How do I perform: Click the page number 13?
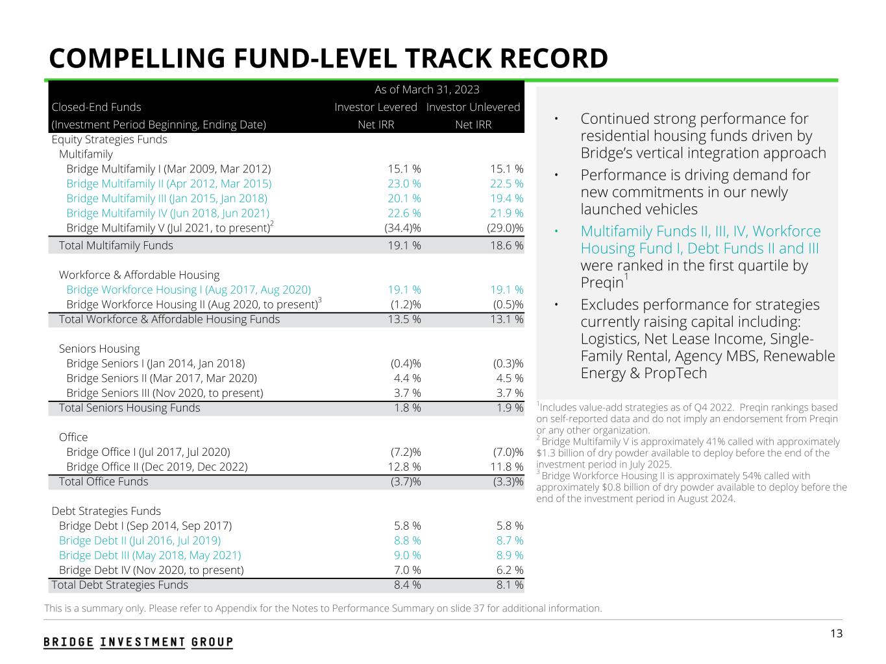click(x=836, y=634)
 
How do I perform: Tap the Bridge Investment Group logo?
click(x=138, y=642)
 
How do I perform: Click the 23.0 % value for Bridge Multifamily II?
click(x=404, y=184)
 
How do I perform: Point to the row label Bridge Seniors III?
click(x=165, y=393)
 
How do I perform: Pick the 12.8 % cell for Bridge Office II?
click(x=404, y=467)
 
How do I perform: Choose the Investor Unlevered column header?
click(x=473, y=107)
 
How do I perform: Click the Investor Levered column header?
click(x=376, y=107)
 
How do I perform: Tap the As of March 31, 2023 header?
click(x=426, y=89)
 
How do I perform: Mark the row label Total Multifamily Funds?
click(x=116, y=245)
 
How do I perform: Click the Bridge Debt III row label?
click(x=150, y=555)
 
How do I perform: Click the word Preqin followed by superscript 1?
click(x=602, y=283)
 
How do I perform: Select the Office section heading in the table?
click(x=73, y=437)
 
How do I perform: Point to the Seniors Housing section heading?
click(x=99, y=349)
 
